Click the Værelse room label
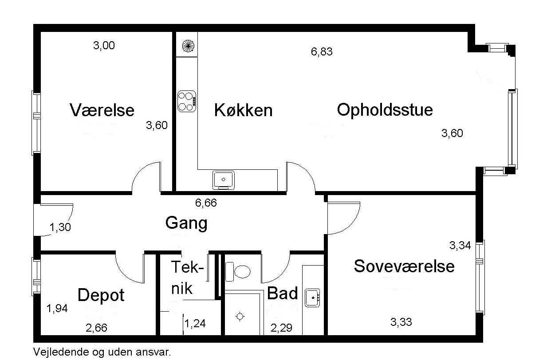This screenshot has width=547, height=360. [102, 110]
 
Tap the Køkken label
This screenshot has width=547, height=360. [243, 110]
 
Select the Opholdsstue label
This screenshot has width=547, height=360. [385, 110]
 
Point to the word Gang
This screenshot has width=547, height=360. [186, 223]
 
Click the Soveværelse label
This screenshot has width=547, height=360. [404, 266]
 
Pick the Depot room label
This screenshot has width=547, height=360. [101, 295]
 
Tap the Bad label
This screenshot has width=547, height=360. [282, 293]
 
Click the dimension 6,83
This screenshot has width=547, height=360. [322, 52]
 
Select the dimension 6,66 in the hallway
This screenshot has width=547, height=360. [206, 203]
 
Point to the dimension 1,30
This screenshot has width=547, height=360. [60, 228]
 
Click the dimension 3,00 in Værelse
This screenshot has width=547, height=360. [104, 46]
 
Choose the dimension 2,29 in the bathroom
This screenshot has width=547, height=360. [282, 329]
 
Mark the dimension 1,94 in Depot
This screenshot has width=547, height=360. [57, 309]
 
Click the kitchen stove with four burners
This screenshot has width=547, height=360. [187, 101]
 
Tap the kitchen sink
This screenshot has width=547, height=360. [224, 180]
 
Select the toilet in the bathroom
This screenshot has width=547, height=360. [239, 271]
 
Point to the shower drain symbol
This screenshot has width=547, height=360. [240, 316]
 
